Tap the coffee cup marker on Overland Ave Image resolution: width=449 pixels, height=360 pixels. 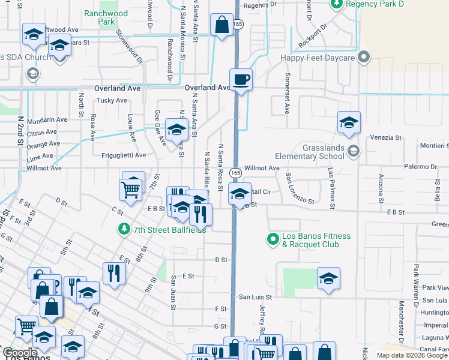tap(241, 80)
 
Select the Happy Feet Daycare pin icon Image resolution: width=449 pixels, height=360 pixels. tap(363, 58)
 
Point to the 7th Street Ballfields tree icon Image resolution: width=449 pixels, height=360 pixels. tap(124, 229)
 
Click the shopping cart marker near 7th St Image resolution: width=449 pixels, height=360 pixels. tap(132, 190)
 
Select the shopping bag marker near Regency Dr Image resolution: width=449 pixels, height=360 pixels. tap(221, 25)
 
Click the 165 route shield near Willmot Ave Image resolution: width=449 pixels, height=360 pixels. tap(235, 172)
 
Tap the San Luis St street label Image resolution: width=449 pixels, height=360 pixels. tap(256, 297)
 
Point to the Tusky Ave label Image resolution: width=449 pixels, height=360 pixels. tap(112, 101)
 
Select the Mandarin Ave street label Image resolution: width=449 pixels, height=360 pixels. tap(47, 120)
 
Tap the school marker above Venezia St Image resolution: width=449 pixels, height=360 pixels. tap(349, 123)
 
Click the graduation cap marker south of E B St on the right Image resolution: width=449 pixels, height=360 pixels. tap(328, 279)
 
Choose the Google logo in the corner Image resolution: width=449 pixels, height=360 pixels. tap(20, 353)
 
